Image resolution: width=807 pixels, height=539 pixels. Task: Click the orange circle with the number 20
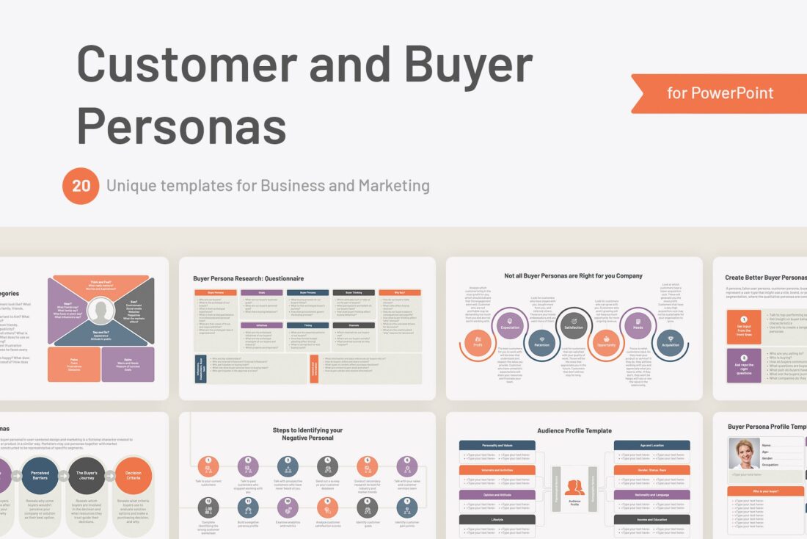[81, 186]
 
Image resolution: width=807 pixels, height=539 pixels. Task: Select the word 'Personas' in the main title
[181, 125]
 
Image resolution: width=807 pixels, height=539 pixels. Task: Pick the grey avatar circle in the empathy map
[101, 311]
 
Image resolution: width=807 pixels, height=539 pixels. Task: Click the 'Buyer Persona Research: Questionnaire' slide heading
[248, 279]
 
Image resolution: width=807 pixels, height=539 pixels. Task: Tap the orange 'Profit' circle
[478, 343]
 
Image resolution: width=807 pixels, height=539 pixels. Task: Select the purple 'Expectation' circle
[510, 322]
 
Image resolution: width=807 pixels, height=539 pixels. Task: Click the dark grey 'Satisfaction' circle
[574, 324]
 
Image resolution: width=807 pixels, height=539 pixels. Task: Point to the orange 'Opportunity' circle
[606, 343]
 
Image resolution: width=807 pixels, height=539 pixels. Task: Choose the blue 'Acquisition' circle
[670, 342]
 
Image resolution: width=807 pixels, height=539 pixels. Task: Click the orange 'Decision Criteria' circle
[134, 476]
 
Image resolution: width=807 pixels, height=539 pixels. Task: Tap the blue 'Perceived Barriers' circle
[40, 476]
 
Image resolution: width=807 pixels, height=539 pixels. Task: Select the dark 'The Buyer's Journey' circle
[87, 476]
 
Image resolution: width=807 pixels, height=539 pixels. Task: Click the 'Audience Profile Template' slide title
[574, 431]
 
